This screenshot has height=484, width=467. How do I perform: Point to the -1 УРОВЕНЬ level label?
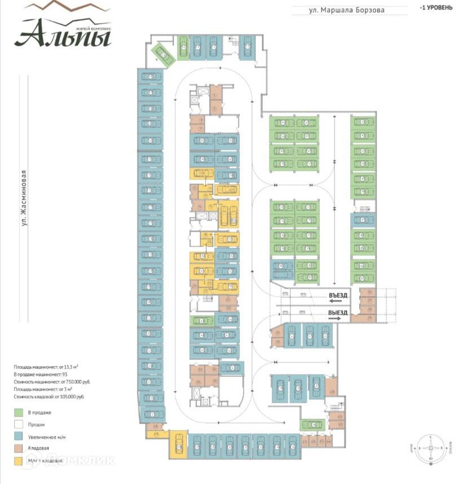click(436, 8)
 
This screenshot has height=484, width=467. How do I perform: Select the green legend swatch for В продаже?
click(19, 412)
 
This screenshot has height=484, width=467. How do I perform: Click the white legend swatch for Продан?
click(19, 424)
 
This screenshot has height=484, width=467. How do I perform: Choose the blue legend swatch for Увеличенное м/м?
click(19, 436)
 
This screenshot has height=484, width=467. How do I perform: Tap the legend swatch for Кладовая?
click(19, 448)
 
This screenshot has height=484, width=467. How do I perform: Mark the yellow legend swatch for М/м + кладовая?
click(19, 460)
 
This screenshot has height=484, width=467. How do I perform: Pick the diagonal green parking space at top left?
click(162, 54)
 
